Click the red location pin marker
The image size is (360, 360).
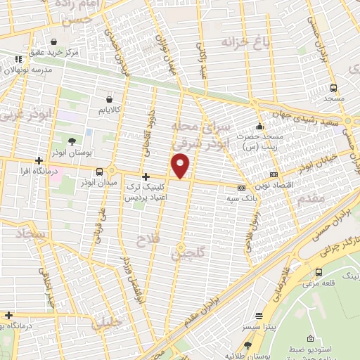click(x=181, y=166)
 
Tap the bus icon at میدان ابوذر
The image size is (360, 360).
click(x=100, y=171)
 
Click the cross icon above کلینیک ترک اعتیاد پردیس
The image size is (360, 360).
click(x=146, y=176)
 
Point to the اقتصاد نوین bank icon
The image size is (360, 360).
click(x=274, y=174)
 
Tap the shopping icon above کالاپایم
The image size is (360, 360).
click(x=110, y=100)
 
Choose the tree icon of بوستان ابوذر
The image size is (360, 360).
click(x=72, y=142)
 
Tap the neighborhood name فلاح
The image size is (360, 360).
click(x=149, y=240)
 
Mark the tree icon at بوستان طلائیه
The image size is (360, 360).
click(x=247, y=345)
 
